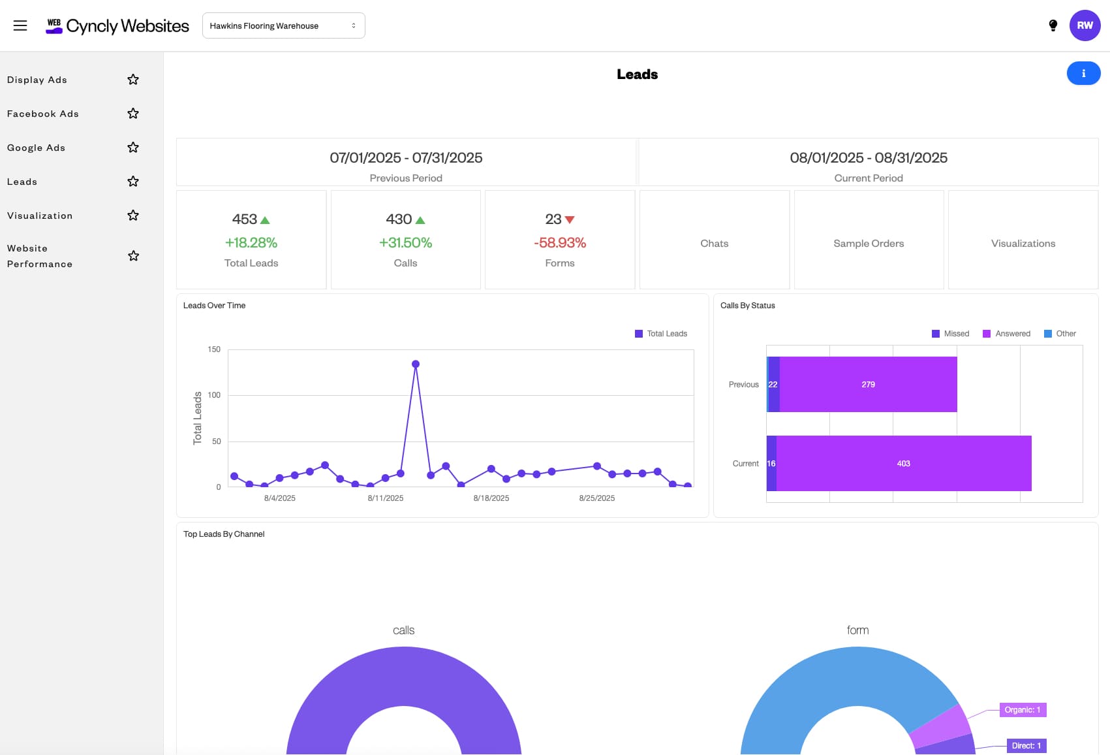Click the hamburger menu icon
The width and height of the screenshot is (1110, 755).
20,25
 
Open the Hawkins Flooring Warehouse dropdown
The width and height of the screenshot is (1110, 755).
283,25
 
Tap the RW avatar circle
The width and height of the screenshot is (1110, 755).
1085,25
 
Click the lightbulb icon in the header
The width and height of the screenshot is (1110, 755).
1053,25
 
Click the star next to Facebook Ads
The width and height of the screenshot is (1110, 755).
133,114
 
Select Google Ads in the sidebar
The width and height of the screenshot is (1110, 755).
37,148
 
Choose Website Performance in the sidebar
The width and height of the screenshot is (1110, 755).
40,256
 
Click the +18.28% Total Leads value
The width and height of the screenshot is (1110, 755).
251,243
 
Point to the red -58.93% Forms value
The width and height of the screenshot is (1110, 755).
560,243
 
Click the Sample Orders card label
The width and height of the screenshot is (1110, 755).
869,244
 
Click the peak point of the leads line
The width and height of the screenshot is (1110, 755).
416,364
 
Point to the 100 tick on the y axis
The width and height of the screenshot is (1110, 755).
214,395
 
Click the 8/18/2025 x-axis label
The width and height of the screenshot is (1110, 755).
491,498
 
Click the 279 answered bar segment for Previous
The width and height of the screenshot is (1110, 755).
868,385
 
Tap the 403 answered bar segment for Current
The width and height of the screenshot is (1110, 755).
903,464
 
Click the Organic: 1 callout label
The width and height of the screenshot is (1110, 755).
1023,710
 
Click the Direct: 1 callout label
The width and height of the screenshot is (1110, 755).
1026,746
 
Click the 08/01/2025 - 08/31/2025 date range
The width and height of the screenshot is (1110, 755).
868,158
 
